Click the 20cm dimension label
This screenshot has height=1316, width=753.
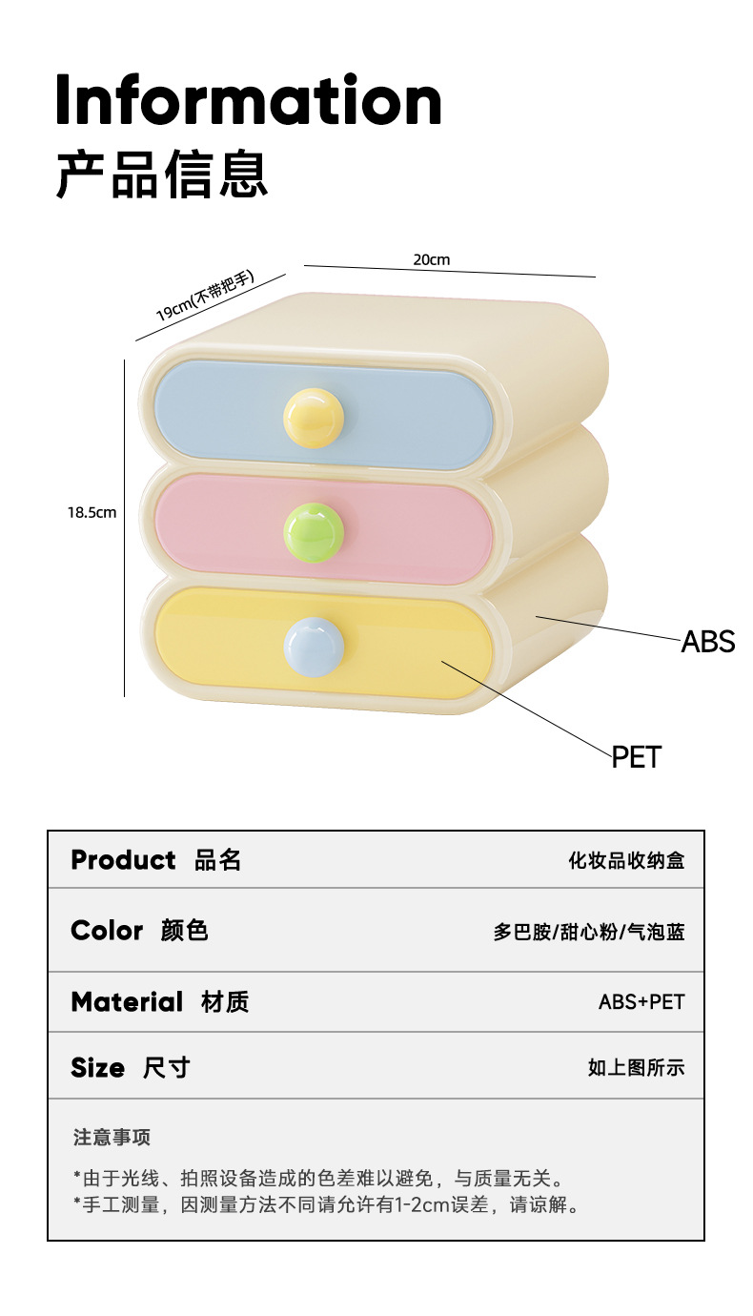(431, 259)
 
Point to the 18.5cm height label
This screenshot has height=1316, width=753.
(92, 512)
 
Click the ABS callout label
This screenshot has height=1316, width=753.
(707, 642)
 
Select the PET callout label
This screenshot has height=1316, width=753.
(636, 757)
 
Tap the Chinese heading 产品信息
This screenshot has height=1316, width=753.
(162, 174)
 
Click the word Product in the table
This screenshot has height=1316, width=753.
(123, 859)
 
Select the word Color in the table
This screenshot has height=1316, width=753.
(107, 930)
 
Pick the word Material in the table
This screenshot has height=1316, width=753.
(126, 1001)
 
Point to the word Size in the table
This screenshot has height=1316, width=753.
(97, 1067)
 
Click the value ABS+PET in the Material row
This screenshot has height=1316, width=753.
(641, 1001)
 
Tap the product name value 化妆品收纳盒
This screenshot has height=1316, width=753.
(626, 860)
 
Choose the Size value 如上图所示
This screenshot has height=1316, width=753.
(636, 1068)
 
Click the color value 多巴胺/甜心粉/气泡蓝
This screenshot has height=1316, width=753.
(589, 932)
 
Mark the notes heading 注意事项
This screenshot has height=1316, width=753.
(112, 1137)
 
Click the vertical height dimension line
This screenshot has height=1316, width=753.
(124, 527)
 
